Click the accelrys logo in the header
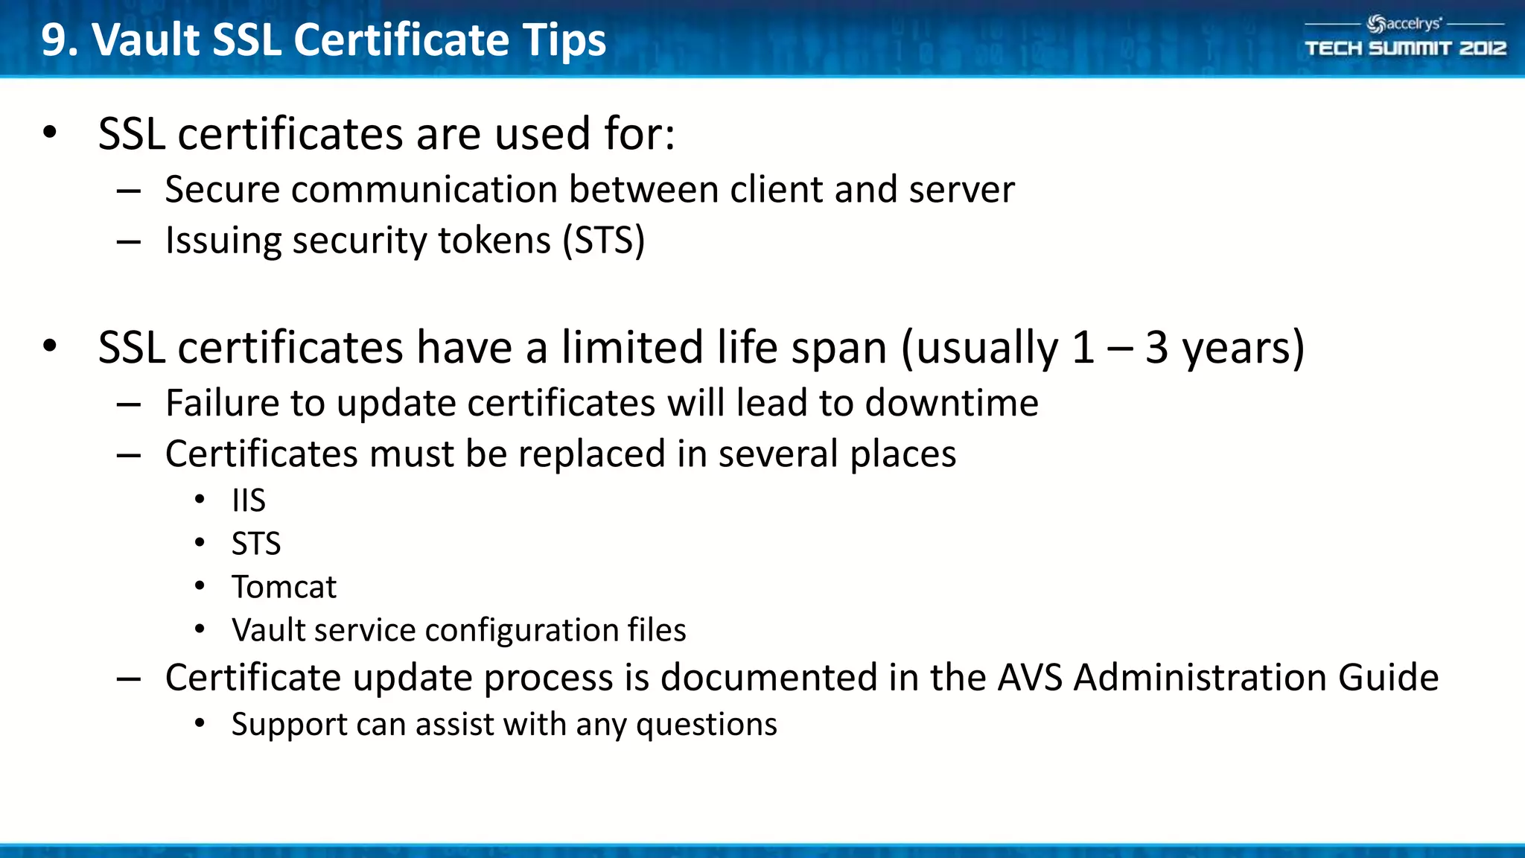click(1404, 24)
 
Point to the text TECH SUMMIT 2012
click(1405, 48)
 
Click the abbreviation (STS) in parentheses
click(603, 241)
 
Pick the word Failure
click(222, 403)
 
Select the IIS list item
click(249, 500)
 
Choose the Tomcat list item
click(284, 587)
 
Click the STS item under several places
click(256, 544)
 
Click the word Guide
click(1388, 678)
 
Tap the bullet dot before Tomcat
click(200, 586)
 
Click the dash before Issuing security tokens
click(129, 241)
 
